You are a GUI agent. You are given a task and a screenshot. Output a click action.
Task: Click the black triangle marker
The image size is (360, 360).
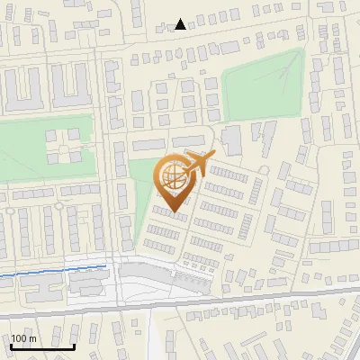tap(181, 24)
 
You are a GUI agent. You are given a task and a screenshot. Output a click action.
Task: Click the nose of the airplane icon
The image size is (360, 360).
tap(213, 155)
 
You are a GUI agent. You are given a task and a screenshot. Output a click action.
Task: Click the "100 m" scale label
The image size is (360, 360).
tap(24, 337)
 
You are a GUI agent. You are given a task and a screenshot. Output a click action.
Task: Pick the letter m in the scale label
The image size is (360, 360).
tap(32, 337)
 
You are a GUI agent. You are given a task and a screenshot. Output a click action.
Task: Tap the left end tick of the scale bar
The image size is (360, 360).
tap(12, 344)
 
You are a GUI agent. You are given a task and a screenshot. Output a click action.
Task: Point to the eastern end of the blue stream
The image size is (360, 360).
tap(107, 266)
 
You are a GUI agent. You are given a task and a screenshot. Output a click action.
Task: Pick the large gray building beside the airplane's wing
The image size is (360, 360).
tap(231, 140)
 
